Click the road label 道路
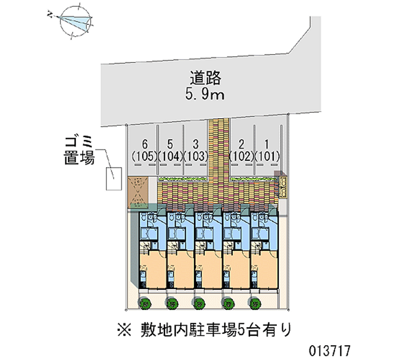[205, 78]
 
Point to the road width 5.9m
[205, 94]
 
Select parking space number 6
[145, 144]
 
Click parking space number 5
[170, 144]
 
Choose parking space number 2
[242, 144]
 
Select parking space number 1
[267, 144]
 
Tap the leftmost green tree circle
[146, 302]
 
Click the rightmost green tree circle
[255, 302]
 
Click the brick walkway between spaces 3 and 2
[218, 149]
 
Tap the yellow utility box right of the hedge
[284, 186]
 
